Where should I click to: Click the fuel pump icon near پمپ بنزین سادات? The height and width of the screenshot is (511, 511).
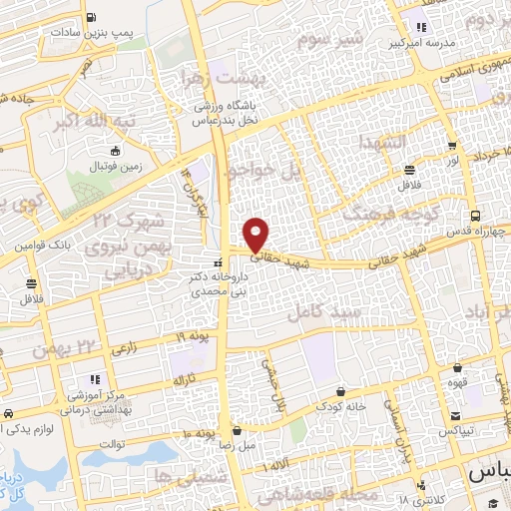[92, 17]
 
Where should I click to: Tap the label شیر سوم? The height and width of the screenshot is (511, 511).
[324, 41]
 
